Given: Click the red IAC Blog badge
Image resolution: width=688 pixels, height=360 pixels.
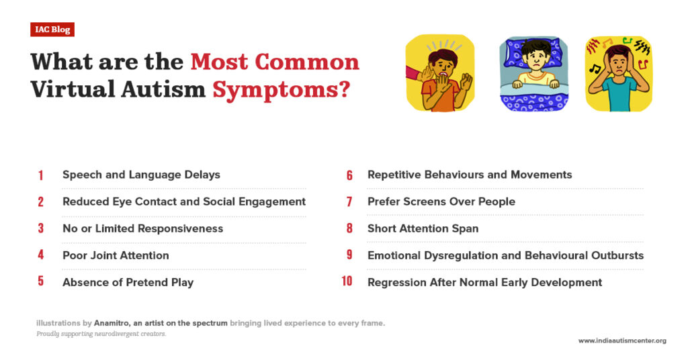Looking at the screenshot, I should pyautogui.click(x=52, y=30).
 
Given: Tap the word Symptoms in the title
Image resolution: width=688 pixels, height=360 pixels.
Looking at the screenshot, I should pyautogui.click(x=281, y=89).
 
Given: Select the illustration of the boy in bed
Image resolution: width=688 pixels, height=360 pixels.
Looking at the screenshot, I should pyautogui.click(x=533, y=73).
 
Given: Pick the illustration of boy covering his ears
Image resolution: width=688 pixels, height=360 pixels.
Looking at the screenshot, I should pyautogui.click(x=618, y=73).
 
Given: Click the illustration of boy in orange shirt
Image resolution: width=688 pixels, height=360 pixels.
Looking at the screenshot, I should pyautogui.click(x=440, y=73).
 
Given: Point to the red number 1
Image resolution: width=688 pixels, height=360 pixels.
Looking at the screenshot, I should pyautogui.click(x=40, y=175).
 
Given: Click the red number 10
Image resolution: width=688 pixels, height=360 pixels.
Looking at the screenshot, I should pyautogui.click(x=347, y=282).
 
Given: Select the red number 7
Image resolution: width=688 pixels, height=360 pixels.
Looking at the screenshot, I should pyautogui.click(x=349, y=201).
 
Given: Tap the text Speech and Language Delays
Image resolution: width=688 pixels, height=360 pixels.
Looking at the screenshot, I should pyautogui.click(x=141, y=175).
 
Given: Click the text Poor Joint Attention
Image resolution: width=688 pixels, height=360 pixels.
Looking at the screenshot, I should pyautogui.click(x=116, y=255).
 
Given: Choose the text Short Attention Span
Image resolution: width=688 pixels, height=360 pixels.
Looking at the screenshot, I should pyautogui.click(x=423, y=228).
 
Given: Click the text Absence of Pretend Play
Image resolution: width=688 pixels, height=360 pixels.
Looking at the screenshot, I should pyautogui.click(x=128, y=282).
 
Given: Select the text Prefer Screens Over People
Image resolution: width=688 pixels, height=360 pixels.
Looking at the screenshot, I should pyautogui.click(x=441, y=201).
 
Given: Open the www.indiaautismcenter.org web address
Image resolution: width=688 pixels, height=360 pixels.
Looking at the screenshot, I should pyautogui.click(x=622, y=341).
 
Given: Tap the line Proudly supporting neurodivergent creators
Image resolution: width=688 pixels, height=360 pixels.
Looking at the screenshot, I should pyautogui.click(x=101, y=334).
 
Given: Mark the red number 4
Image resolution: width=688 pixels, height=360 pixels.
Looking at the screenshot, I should pyautogui.click(x=40, y=255).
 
